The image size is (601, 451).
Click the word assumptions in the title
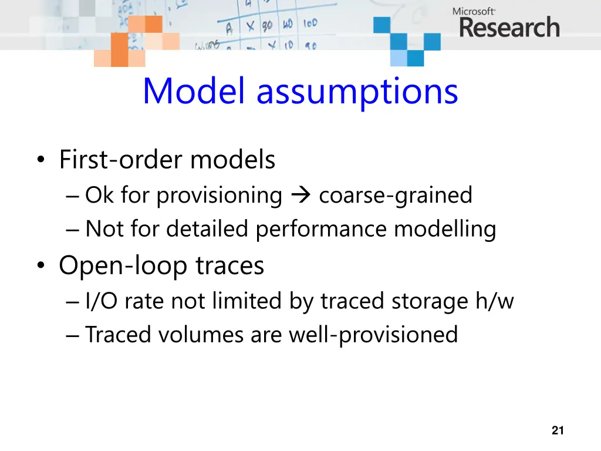pos(357,93)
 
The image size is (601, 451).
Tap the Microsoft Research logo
pos(505,23)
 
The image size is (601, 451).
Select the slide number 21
pos(558,430)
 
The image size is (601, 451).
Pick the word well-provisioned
pos(373,335)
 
